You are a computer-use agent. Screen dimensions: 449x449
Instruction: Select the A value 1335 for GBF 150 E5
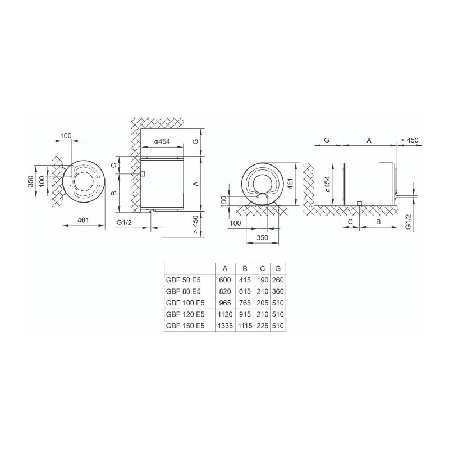coord(225,326)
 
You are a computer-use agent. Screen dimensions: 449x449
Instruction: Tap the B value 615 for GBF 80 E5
coord(245,291)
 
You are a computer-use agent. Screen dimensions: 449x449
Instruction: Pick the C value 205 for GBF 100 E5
coord(263,303)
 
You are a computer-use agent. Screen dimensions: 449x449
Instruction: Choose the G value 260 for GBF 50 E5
coord(278,280)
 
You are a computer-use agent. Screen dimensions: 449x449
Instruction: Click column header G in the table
coord(278,269)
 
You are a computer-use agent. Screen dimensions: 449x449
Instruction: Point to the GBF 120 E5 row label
coord(185,314)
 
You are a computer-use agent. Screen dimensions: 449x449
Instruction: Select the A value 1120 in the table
coord(225,314)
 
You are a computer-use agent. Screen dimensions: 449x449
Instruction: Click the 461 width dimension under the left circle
coord(83,220)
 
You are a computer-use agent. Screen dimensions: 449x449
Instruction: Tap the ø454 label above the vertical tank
coord(162,141)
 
